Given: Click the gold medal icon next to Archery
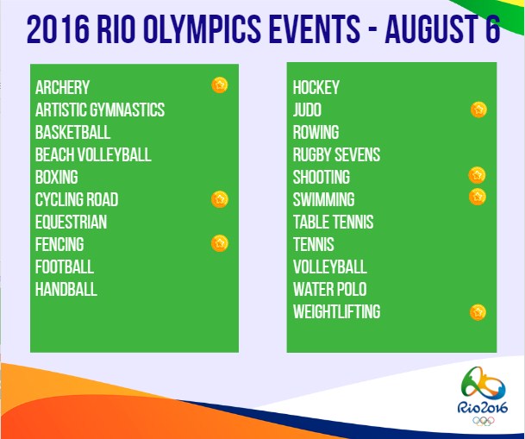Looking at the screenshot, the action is pyautogui.click(x=220, y=85).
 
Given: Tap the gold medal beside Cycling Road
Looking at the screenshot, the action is pyautogui.click(x=220, y=199).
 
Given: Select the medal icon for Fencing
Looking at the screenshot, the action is pyautogui.click(x=220, y=243).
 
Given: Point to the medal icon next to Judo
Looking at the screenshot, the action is pyautogui.click(x=478, y=110).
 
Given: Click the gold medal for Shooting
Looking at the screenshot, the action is pyautogui.click(x=477, y=175).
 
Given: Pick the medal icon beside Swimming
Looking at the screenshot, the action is pyautogui.click(x=478, y=197).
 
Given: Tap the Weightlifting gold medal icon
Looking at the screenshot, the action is pyautogui.click(x=478, y=312).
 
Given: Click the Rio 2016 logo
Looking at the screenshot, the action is pyautogui.click(x=483, y=396).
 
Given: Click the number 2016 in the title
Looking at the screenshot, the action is pyautogui.click(x=59, y=29).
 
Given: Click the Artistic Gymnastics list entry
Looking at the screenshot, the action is pyautogui.click(x=100, y=110).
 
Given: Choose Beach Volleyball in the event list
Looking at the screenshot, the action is pyautogui.click(x=93, y=154).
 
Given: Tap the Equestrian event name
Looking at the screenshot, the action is pyautogui.click(x=71, y=222).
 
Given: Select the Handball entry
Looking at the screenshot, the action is pyautogui.click(x=66, y=289).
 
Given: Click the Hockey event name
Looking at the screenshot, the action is pyautogui.click(x=316, y=87).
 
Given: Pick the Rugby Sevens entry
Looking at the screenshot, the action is pyautogui.click(x=336, y=154).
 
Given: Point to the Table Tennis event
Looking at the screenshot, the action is pyautogui.click(x=333, y=222).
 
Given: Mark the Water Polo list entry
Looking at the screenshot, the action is pyautogui.click(x=330, y=289).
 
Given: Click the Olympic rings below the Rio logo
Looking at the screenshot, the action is pyautogui.click(x=483, y=421).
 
